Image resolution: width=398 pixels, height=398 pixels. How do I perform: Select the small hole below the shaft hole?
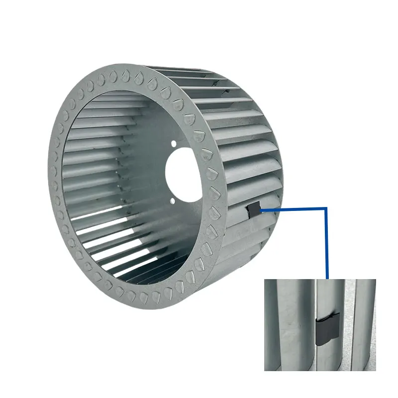click(x=172, y=200)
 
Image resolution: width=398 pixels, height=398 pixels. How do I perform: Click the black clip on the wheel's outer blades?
click(x=254, y=210)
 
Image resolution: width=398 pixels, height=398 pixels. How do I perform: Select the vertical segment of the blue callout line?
click(x=326, y=244)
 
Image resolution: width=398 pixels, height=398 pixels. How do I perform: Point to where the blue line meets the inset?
click(x=327, y=278)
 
